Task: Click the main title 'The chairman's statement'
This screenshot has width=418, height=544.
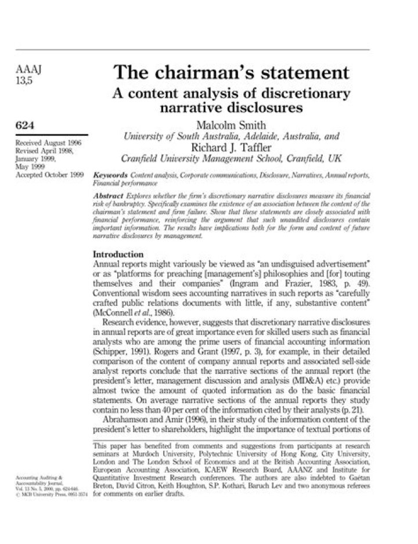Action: (x=231, y=74)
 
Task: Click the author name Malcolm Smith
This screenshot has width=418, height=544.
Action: (x=230, y=125)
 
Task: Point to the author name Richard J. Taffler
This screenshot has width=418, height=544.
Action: (x=230, y=147)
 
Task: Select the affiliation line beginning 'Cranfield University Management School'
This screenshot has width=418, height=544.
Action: (x=230, y=158)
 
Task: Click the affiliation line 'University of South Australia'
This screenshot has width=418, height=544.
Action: (x=230, y=136)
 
